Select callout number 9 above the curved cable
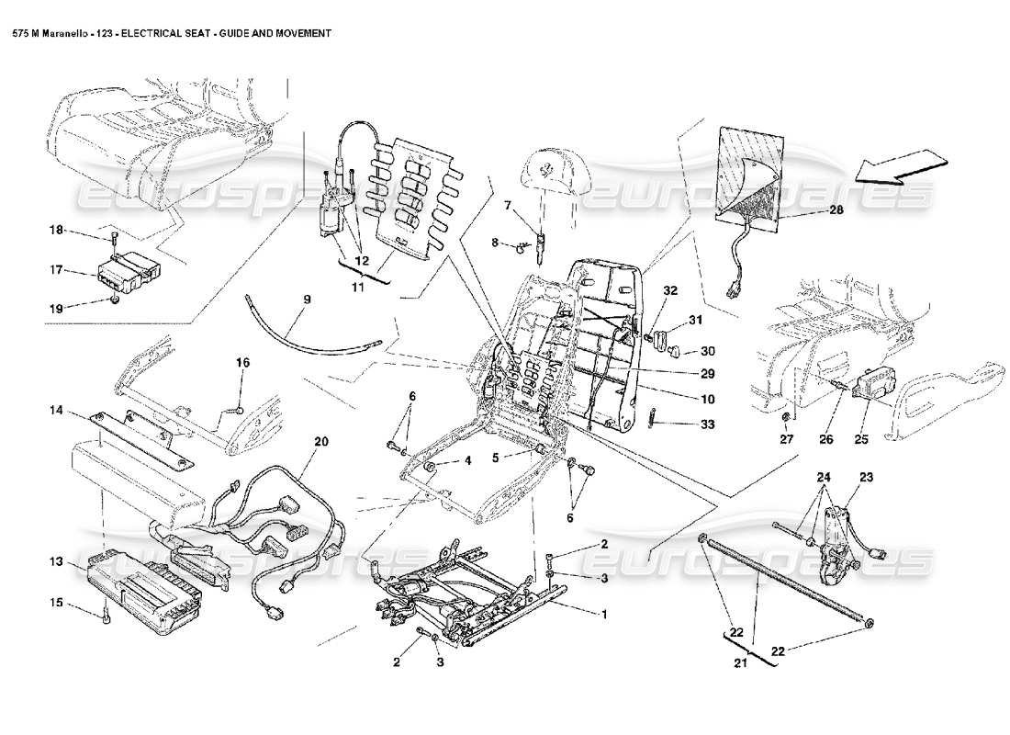(307, 300)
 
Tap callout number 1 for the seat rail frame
(604, 615)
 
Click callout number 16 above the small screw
(242, 363)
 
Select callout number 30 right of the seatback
(707, 351)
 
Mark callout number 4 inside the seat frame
(467, 460)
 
